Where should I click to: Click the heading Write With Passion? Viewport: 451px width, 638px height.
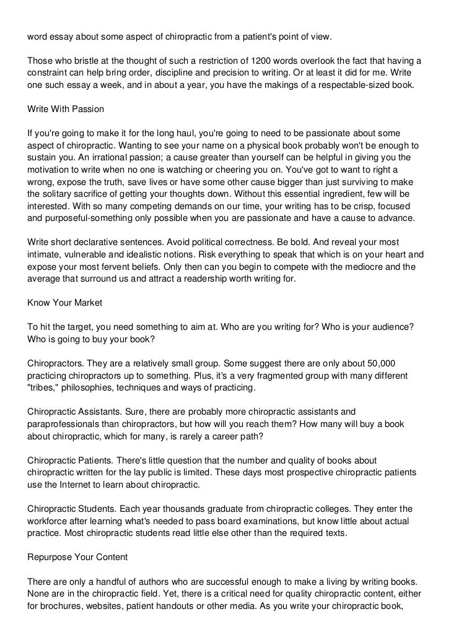(65, 109)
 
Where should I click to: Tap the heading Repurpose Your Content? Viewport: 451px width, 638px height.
(77, 556)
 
